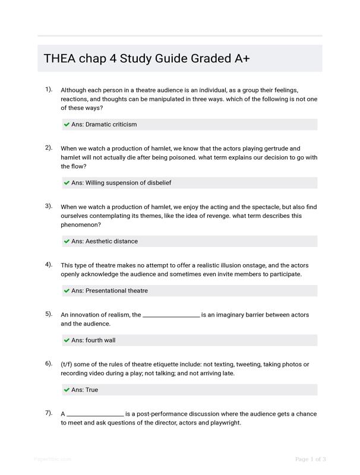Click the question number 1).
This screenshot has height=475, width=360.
49,89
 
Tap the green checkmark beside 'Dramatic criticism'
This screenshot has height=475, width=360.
67,125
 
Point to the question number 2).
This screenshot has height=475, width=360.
49,147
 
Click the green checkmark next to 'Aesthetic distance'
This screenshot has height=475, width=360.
67,242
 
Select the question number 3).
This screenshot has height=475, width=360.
49,206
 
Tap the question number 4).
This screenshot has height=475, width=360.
49,264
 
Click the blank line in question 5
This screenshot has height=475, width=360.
171,316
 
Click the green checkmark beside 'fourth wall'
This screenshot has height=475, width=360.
67,341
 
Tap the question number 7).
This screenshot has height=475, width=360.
49,413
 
